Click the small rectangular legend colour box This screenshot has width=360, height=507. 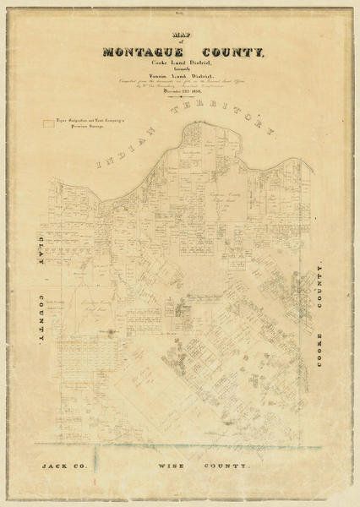tap(46, 123)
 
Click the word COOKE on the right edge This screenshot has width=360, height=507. tap(319, 338)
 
